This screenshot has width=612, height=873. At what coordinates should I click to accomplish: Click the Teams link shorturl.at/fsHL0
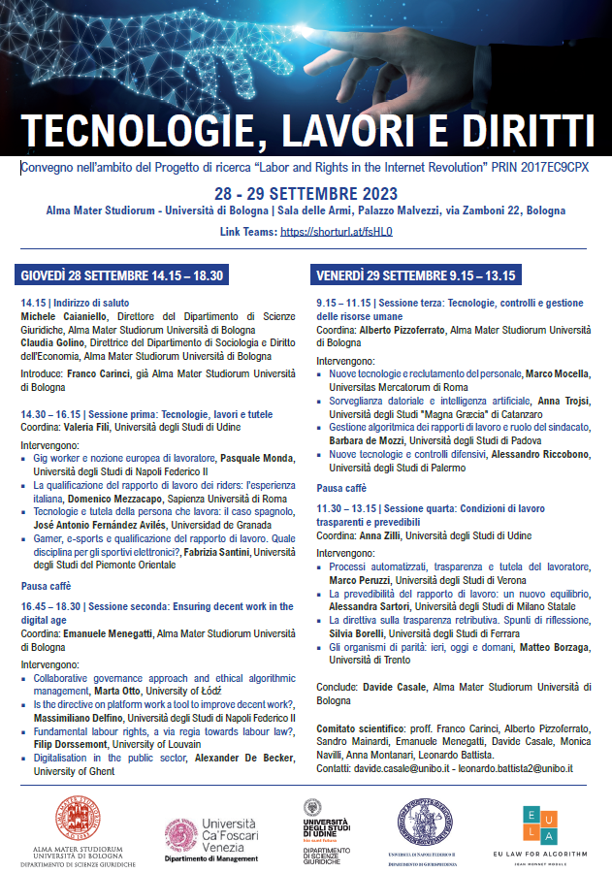336,233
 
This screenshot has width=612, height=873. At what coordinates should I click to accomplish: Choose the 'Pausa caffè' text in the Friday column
341,488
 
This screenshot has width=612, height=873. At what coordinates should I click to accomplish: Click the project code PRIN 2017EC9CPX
546,167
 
